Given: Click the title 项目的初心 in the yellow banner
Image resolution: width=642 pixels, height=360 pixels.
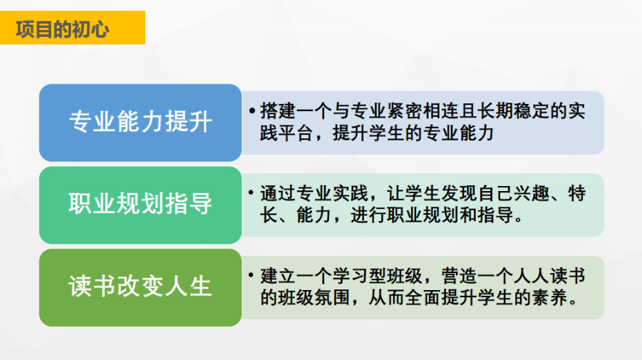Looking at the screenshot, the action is click(x=62, y=29).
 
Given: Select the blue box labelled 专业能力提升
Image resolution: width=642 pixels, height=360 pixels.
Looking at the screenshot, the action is click(x=140, y=123).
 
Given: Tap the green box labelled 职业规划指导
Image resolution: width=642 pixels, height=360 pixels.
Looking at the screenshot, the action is click(x=140, y=205).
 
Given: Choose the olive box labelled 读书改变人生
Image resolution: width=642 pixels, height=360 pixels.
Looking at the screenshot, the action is click(x=140, y=287).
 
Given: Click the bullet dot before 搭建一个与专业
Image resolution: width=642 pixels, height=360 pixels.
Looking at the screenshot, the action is click(x=252, y=110).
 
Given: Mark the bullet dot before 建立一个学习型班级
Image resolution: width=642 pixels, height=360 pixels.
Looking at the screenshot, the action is click(x=252, y=275).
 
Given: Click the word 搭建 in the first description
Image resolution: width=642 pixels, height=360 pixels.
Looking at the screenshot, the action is click(x=278, y=111).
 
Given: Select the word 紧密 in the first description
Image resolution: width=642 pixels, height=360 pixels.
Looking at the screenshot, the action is click(x=387, y=111).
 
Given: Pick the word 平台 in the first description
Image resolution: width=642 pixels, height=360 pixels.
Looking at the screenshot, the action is click(x=296, y=133).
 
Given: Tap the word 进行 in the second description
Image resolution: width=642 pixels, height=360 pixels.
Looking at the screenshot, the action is click(x=368, y=215).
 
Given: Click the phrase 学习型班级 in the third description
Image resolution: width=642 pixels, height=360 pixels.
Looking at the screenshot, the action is click(x=378, y=277).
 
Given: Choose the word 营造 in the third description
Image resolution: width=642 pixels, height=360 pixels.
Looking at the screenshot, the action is click(x=460, y=277).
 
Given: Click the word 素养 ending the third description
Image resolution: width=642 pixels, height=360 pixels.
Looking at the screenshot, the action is click(x=549, y=298).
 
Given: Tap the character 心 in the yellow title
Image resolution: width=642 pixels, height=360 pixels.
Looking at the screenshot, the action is click(x=100, y=29).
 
